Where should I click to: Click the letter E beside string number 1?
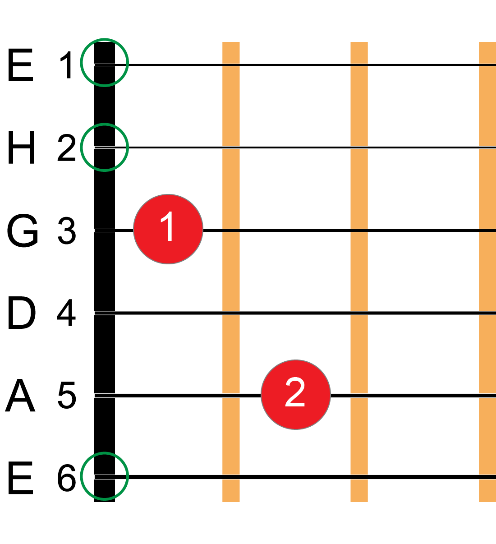coord(21,66)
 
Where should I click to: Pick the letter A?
coord(20,396)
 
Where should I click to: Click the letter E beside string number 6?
coord(21,478)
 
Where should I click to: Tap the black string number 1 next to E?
coord(67,66)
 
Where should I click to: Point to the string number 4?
coord(66,313)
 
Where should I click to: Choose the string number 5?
coord(67,396)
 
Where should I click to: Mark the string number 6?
coord(66,478)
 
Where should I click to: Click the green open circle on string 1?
coord(105,62)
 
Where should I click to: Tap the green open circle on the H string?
coord(105,147)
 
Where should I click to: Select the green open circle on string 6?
coord(105,476)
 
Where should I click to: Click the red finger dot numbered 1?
coord(168,229)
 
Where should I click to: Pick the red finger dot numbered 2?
coord(296,395)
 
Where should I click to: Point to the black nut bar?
coord(105,271)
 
